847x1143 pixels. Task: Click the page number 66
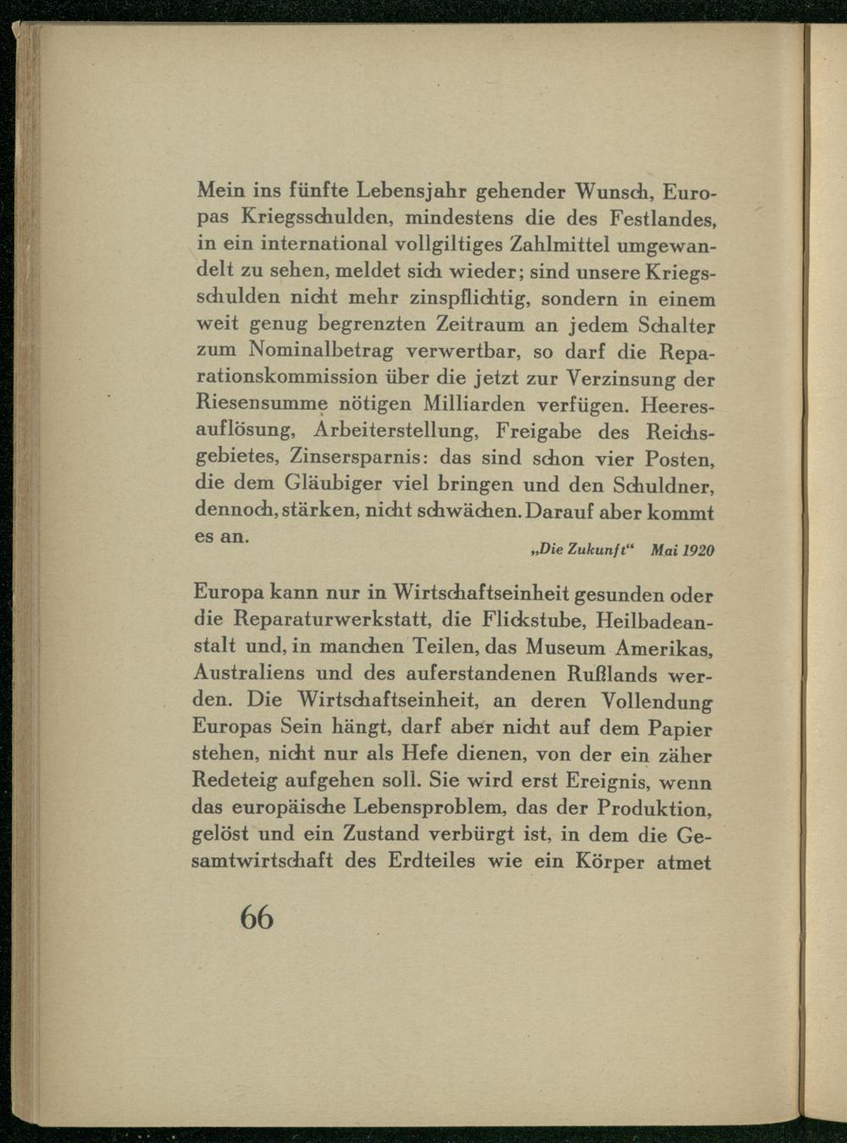pos(257,917)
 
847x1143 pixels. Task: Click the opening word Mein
pos(216,191)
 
